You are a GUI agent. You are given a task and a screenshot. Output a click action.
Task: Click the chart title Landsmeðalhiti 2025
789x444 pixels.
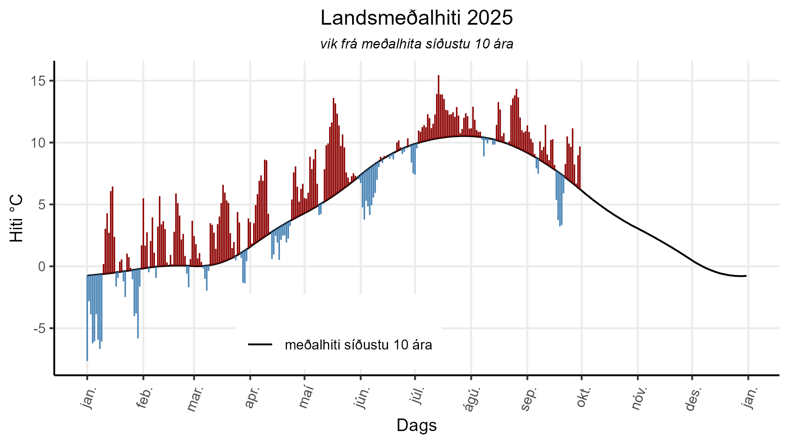pyautogui.click(x=416, y=18)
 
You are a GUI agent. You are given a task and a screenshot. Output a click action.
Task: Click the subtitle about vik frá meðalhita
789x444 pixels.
pyautogui.click(x=416, y=44)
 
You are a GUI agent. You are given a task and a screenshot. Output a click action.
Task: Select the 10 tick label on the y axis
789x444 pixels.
pyautogui.click(x=39, y=143)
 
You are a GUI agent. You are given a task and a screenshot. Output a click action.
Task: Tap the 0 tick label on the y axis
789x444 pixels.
pyautogui.click(x=42, y=266)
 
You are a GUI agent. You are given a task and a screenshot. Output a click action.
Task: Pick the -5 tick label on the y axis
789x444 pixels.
pyautogui.click(x=39, y=328)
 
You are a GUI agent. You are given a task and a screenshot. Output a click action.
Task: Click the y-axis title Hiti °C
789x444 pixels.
pyautogui.click(x=17, y=218)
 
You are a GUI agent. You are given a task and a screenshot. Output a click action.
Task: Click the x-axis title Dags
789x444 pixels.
pyautogui.click(x=416, y=425)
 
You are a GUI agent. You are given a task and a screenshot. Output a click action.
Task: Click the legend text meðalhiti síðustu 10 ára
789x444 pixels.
pyautogui.click(x=358, y=345)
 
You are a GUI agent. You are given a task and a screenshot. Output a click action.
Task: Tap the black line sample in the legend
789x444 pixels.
pyautogui.click(x=260, y=345)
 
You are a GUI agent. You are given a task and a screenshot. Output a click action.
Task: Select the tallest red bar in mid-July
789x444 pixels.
pyautogui.click(x=438, y=105)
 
